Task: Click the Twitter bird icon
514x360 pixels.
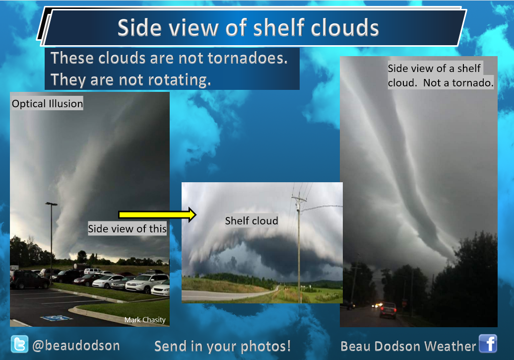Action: coord(19,344)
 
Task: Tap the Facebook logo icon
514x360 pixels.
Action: coord(488,343)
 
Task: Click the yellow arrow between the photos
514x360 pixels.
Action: coord(157,215)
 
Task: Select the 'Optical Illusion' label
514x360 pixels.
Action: coord(47,103)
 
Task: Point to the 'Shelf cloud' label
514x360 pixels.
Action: coord(252,220)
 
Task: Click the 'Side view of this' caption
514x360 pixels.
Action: coord(127,228)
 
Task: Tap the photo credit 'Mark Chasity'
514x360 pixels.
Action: coord(145,320)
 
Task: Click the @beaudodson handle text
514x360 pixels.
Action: coord(76,346)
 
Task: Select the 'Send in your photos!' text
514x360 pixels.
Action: coord(222,347)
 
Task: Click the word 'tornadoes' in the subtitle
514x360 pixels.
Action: coord(247,58)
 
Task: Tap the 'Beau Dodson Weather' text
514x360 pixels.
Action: coord(408,346)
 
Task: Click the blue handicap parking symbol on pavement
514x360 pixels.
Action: coord(56,318)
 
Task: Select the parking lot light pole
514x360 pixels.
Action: coord(51,243)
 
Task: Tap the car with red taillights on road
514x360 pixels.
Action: coord(388,310)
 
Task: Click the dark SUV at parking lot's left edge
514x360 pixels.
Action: coord(29,280)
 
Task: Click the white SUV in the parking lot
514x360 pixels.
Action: coord(146,283)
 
